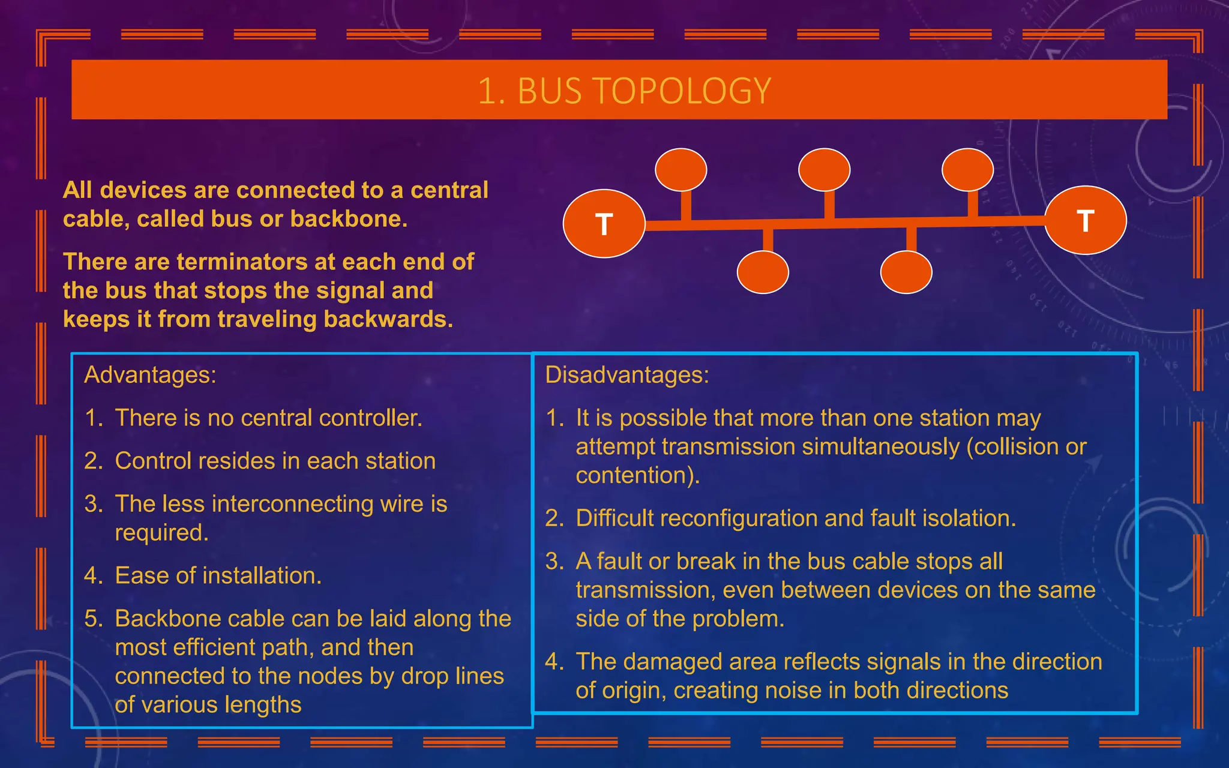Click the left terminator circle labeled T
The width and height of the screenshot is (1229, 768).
[x=604, y=224]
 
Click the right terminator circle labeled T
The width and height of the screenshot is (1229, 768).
[x=1085, y=220]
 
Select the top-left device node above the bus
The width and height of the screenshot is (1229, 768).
[x=681, y=170]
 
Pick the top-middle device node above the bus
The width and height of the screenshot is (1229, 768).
[x=824, y=170]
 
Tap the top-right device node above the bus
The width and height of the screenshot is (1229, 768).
[x=967, y=170]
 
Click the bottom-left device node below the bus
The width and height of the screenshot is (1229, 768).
[x=763, y=272]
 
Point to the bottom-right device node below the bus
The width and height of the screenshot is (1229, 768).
[x=906, y=272]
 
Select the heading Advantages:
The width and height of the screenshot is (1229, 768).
[x=150, y=375]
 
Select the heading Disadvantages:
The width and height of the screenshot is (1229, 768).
[x=627, y=375]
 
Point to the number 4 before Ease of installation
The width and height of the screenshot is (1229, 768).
[x=93, y=576]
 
